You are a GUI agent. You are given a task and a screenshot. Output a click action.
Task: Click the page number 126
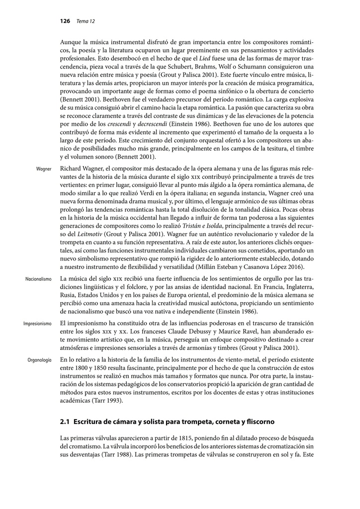[65, 21]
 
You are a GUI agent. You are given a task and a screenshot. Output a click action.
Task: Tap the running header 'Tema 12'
[86, 21]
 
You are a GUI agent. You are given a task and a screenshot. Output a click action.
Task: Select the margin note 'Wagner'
[44, 169]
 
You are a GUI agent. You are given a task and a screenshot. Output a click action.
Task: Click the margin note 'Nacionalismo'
[38, 279]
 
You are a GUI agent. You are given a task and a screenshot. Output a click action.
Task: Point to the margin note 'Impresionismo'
[37, 324]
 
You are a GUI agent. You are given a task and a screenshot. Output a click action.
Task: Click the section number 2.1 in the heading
[65, 422]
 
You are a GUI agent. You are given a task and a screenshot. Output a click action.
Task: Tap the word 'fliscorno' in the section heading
[258, 422]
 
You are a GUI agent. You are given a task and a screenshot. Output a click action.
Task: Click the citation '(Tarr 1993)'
[106, 400]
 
